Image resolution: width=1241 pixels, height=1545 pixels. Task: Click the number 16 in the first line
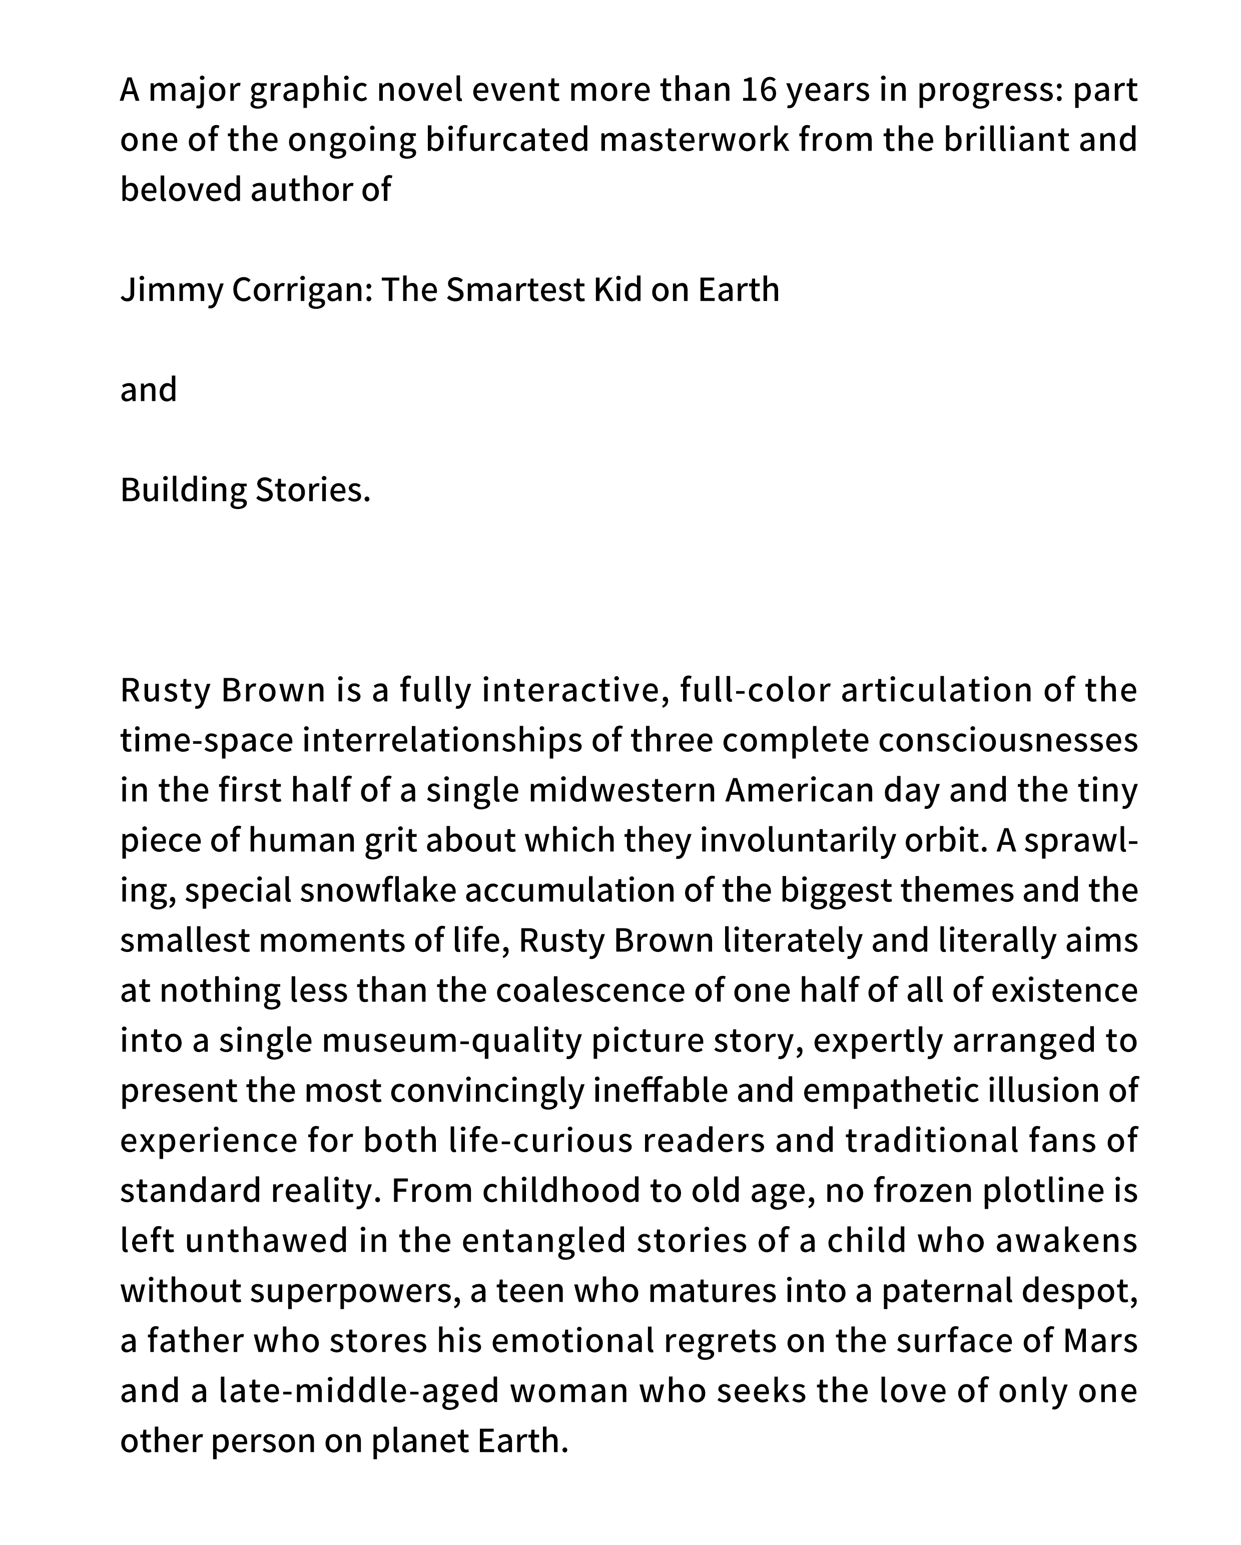[x=759, y=90]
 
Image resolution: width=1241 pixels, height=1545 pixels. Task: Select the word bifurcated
[x=507, y=140]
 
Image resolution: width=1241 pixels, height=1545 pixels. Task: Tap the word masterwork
[x=694, y=140]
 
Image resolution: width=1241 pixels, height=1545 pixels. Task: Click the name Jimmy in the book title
[x=171, y=290]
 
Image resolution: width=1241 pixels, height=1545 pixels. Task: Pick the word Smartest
[x=516, y=290]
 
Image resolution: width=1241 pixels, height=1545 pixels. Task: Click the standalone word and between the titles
[x=148, y=390]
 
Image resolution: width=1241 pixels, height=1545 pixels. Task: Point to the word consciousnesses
[x=1008, y=741]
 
